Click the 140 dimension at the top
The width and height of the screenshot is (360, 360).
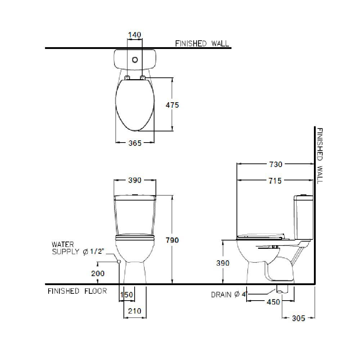pos(135,35)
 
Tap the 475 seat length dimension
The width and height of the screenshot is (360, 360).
pos(172,105)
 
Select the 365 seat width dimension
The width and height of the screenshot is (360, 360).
pos(135,143)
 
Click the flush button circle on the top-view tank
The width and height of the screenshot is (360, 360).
pos(135,60)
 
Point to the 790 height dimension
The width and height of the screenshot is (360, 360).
pos(172,240)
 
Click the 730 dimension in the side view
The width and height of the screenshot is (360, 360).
pos(275,164)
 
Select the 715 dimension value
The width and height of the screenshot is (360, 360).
pos(275,181)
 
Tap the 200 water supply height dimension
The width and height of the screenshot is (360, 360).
pos(98,274)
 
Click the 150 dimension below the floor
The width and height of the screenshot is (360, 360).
pos(127,294)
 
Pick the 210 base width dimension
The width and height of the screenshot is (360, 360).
pos(135,311)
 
